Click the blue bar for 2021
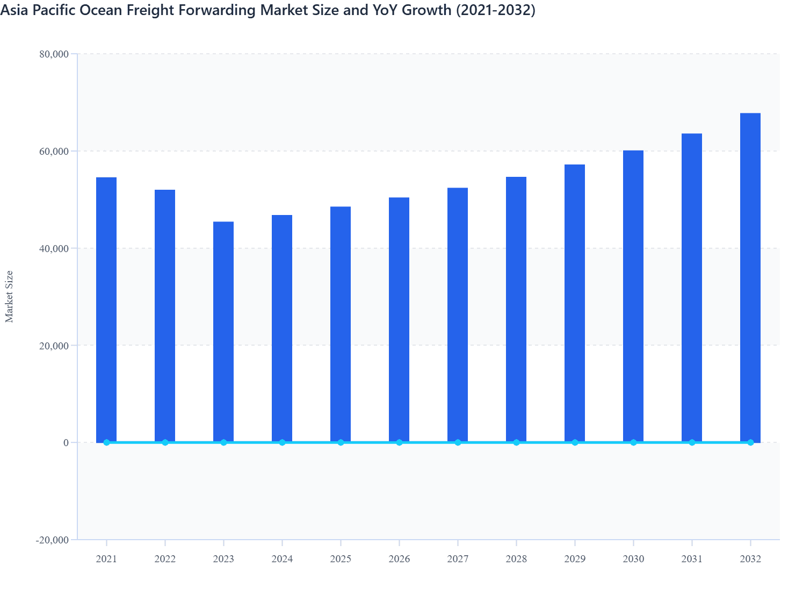[106, 309]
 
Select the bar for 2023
[223, 331]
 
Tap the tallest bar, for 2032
[750, 277]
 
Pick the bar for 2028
[516, 309]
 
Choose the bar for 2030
[633, 296]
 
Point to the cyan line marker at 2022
[165, 442]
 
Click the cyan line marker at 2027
[458, 442]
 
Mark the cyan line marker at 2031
[692, 442]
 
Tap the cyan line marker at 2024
[282, 442]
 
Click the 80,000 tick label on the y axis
[54, 54]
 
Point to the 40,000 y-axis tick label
[54, 248]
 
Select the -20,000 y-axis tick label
[53, 540]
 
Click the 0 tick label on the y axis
[66, 442]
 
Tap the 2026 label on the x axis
[399, 559]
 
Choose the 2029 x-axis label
[575, 559]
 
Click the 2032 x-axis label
[750, 559]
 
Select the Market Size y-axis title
[9, 296]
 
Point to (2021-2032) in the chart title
[495, 10]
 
